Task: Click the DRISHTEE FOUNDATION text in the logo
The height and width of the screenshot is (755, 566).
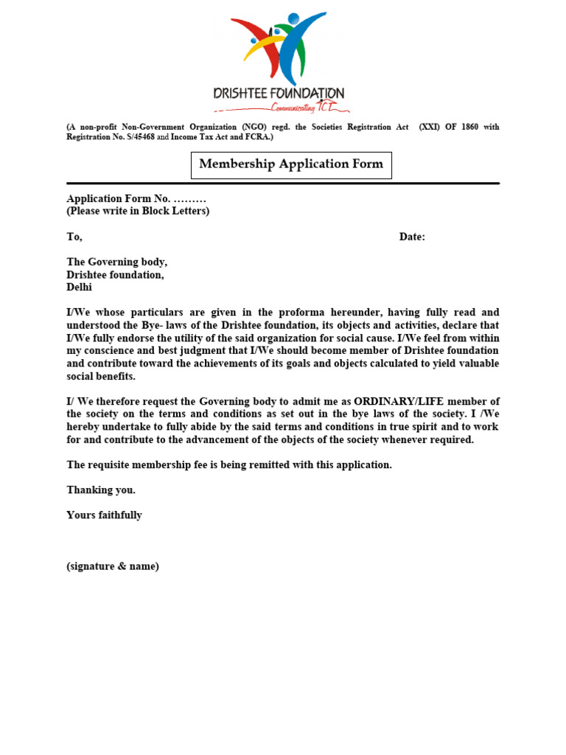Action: (279, 94)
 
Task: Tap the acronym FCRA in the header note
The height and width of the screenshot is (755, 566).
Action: (257, 137)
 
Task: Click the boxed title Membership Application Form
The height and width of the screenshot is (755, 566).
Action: (291, 164)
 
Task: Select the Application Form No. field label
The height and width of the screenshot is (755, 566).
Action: (119, 198)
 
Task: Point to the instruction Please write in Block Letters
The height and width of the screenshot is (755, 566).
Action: (138, 211)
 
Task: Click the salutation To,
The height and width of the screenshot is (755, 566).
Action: (74, 237)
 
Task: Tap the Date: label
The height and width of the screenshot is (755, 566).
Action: (412, 237)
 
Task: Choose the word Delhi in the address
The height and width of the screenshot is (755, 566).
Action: (79, 288)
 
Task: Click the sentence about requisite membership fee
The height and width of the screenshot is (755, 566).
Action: (229, 465)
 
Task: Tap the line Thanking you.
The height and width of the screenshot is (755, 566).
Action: (101, 490)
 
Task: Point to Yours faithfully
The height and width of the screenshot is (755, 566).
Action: (104, 515)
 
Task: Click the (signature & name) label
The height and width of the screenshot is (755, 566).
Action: (113, 566)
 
